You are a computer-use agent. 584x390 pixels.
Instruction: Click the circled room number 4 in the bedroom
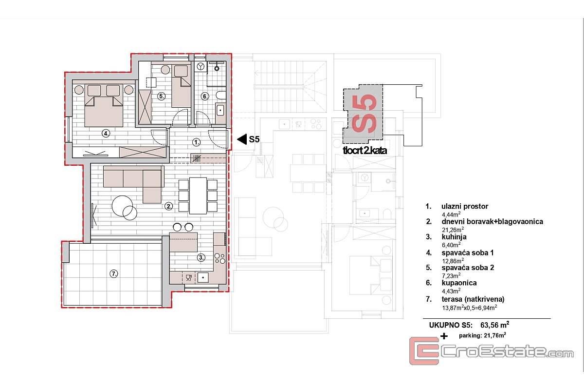(x=106, y=134)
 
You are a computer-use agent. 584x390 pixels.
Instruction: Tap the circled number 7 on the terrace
(x=114, y=274)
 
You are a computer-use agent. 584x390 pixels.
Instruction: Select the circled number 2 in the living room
(x=169, y=206)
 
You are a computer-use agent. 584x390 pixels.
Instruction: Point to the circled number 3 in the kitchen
(x=201, y=258)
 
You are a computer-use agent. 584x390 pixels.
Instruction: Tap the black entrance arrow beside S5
(x=242, y=139)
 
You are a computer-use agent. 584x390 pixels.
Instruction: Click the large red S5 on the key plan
(x=364, y=114)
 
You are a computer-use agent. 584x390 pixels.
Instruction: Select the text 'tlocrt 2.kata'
(x=365, y=151)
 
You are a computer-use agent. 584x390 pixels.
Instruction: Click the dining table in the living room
(x=198, y=195)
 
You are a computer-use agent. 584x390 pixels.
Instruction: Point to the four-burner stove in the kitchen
(x=219, y=258)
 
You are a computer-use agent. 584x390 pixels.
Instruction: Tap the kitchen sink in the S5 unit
(x=203, y=277)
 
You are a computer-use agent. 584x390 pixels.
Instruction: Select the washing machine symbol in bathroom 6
(x=201, y=66)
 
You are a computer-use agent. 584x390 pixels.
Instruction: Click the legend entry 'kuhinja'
(x=454, y=237)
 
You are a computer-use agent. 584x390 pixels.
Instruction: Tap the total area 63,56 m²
(x=494, y=325)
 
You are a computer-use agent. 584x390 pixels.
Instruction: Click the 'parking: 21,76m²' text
(x=482, y=335)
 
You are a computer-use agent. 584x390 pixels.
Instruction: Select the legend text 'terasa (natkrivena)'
(x=473, y=299)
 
